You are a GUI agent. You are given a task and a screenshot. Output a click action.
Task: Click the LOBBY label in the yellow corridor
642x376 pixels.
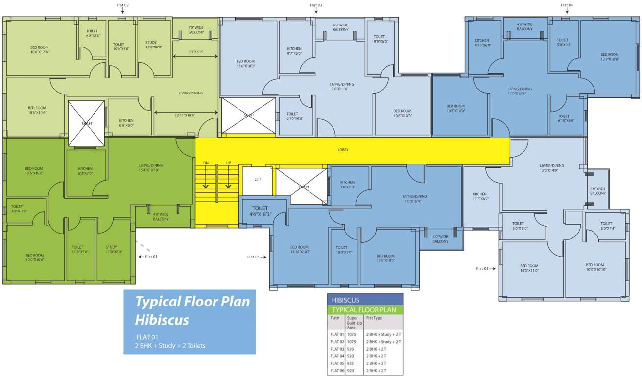point(343,150)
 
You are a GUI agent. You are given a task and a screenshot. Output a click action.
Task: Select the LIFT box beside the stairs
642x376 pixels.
point(258,180)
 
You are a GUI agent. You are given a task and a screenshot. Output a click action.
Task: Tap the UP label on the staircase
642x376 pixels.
point(228,163)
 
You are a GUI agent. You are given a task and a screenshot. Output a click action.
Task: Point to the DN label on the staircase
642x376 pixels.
point(206,163)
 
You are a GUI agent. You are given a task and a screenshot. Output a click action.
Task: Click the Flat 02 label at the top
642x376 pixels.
point(122,5)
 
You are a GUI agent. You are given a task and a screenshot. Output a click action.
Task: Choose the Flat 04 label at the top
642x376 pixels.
point(567,5)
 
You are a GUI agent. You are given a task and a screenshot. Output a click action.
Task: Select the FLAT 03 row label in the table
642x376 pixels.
point(338,349)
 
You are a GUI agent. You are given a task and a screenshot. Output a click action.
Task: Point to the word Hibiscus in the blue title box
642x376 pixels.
point(162,320)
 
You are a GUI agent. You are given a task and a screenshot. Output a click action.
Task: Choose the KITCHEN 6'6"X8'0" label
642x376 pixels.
point(126,123)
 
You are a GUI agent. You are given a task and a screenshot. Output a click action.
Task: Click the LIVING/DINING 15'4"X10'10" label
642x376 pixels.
point(150,168)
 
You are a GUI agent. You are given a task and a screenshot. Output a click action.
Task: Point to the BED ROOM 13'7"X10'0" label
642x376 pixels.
point(610,57)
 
